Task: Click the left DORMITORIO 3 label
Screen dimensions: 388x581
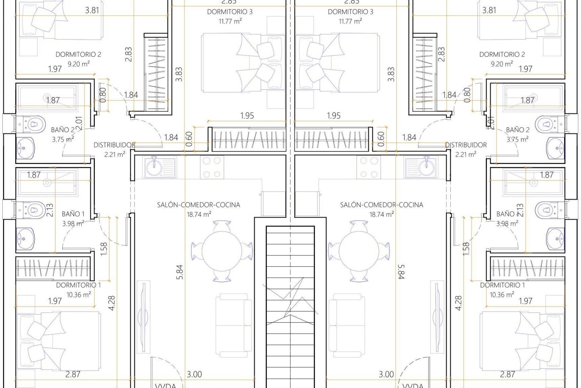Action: [230, 12]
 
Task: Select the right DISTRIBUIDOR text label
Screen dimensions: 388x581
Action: [466, 145]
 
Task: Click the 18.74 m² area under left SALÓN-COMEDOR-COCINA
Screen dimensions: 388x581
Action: [199, 214]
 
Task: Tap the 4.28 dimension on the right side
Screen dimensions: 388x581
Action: [458, 303]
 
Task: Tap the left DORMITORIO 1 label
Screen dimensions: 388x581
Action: [78, 285]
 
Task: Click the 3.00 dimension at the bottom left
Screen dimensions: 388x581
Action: [194, 374]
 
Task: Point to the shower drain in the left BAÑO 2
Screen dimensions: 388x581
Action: [47, 98]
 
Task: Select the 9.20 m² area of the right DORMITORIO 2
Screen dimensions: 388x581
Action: [502, 64]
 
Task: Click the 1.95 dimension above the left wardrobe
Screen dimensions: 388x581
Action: [247, 115]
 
